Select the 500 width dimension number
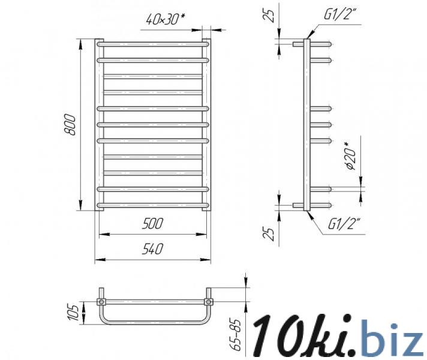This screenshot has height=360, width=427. point(152,223)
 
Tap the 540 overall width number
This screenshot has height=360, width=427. point(152,249)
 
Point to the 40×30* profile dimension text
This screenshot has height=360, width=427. point(166,19)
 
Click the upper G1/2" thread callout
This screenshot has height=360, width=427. point(340,14)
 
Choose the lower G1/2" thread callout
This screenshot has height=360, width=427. point(344,224)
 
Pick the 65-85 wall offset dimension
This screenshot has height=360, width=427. point(236,334)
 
